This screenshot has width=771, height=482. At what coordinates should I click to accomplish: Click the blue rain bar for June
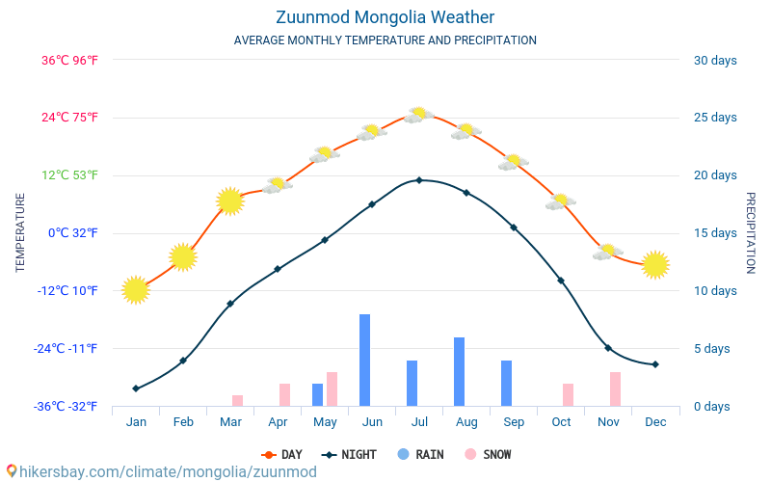365,360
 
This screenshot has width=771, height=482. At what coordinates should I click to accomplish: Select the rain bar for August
460,371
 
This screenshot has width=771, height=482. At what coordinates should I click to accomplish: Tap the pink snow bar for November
615,388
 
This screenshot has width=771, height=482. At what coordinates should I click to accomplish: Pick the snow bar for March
237,400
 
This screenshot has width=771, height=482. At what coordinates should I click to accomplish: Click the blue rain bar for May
317,394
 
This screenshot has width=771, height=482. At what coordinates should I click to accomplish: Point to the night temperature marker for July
419,180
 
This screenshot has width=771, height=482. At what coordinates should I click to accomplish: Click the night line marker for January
136,388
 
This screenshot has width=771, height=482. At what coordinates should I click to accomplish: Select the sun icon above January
136,289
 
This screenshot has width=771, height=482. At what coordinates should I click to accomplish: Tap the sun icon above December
655,264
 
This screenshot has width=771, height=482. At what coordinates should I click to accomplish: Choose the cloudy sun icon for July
418,115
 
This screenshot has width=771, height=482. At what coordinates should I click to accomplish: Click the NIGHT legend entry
350,454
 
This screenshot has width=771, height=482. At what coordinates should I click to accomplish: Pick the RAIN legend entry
420,454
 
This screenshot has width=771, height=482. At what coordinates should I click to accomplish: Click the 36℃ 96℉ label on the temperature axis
69,60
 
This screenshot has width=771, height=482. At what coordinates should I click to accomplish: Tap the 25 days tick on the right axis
715,118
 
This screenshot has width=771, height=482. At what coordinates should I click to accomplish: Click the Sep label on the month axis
514,421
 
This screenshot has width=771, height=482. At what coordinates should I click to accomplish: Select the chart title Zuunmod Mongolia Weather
385,17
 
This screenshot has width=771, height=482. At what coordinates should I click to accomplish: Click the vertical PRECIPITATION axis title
751,232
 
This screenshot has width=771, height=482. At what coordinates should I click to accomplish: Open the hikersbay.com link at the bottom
161,471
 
